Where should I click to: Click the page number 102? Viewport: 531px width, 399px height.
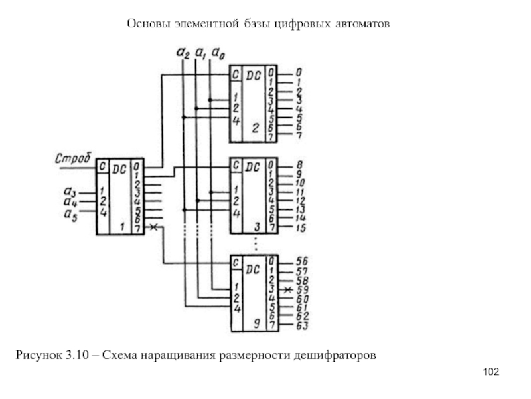491,371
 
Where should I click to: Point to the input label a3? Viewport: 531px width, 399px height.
70,193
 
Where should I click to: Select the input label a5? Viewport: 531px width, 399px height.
70,213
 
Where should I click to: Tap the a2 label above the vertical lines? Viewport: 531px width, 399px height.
183,51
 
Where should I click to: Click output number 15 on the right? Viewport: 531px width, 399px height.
300,228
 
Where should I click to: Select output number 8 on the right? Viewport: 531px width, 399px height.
299,164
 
